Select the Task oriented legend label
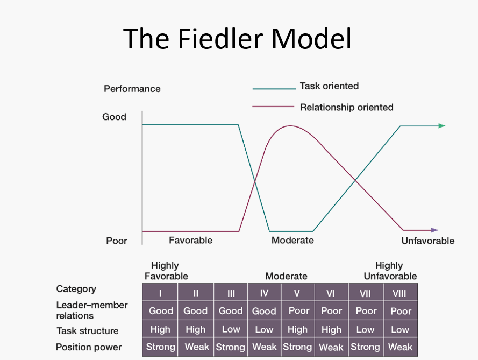coord(329,86)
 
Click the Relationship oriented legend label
coord(346,108)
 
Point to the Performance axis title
coord(132,89)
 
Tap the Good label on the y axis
coord(114,117)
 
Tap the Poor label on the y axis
coord(116,241)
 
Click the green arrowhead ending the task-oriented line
coord(441,126)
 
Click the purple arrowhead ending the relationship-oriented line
coord(434,230)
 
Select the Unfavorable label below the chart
coord(427,241)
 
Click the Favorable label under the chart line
coord(190,240)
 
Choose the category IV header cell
coord(264,293)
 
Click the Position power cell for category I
coord(160,347)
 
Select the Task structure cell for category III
coord(231,329)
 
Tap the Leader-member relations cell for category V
coord(298,310)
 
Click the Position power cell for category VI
coord(331,348)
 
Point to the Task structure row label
coord(87,330)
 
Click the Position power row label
coord(88,347)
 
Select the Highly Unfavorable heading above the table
coord(390,271)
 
